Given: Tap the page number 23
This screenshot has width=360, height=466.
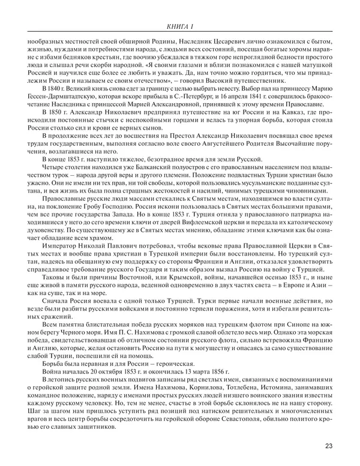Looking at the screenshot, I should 329,445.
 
